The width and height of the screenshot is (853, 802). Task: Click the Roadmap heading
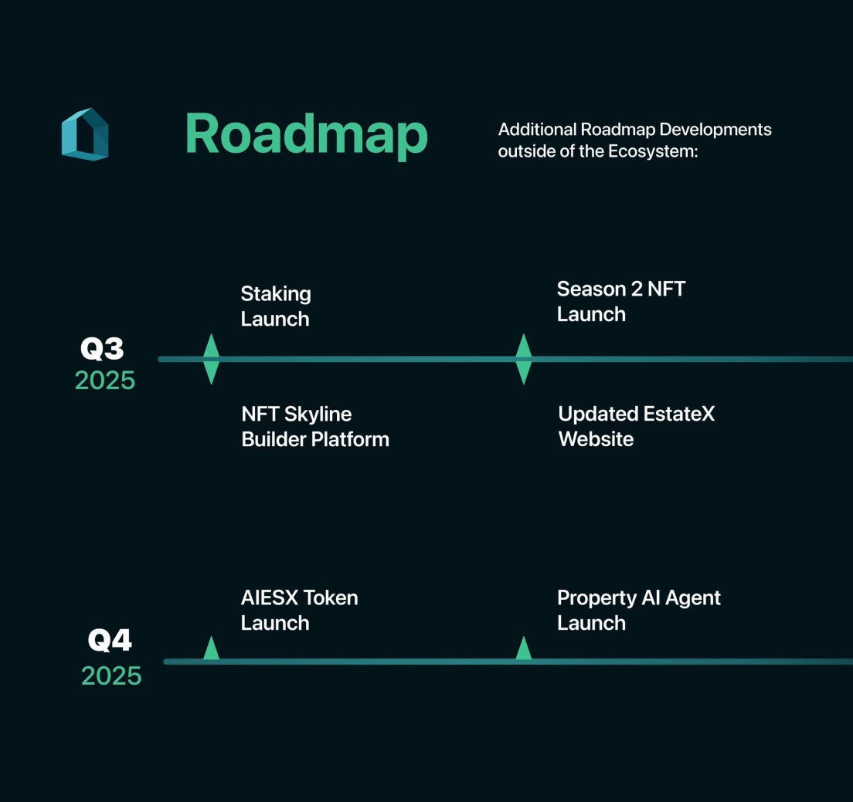(x=306, y=134)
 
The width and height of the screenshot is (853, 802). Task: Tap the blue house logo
(x=85, y=134)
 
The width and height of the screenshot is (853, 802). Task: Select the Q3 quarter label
(x=102, y=349)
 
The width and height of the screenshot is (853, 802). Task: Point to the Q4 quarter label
(x=109, y=640)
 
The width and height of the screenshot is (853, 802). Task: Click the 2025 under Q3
(x=105, y=381)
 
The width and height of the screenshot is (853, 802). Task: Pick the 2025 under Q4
(x=111, y=676)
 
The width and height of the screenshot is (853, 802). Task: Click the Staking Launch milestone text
(x=276, y=306)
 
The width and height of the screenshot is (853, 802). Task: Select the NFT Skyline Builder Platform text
(x=315, y=427)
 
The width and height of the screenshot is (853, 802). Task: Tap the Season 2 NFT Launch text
(x=620, y=302)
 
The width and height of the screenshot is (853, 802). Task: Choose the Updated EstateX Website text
(x=636, y=427)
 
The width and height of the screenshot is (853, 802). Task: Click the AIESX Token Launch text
(x=299, y=611)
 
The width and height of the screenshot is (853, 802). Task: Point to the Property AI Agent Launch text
(x=638, y=611)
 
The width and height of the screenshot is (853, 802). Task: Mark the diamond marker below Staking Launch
(x=211, y=359)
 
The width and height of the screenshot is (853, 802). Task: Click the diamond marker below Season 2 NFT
(x=523, y=359)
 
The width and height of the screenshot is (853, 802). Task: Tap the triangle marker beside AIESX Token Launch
(x=211, y=649)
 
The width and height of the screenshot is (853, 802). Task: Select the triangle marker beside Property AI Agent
(x=523, y=649)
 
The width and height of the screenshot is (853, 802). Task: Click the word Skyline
(x=318, y=415)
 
